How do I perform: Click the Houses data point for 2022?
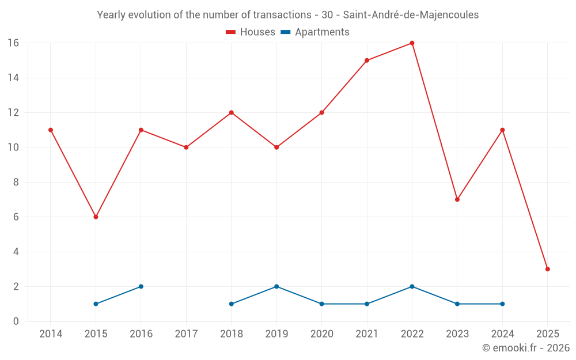(x=412, y=43)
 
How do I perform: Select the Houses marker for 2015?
(x=96, y=217)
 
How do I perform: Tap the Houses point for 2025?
(x=547, y=269)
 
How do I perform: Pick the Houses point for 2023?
(x=457, y=199)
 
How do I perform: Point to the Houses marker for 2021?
(x=367, y=60)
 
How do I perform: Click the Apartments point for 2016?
(x=141, y=286)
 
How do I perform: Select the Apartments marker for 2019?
(x=276, y=286)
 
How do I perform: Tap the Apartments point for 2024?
(x=502, y=304)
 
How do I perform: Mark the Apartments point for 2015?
(x=96, y=304)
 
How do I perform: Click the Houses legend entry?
(x=251, y=32)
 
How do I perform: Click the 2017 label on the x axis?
(x=186, y=334)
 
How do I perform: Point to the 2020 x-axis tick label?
(x=321, y=334)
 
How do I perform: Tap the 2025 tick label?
(x=547, y=334)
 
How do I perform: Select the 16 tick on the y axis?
(x=13, y=43)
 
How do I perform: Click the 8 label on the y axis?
(x=16, y=182)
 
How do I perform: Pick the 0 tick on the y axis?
(x=16, y=321)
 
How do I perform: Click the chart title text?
(x=287, y=15)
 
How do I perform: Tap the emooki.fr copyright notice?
(x=526, y=348)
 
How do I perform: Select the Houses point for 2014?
(x=51, y=130)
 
